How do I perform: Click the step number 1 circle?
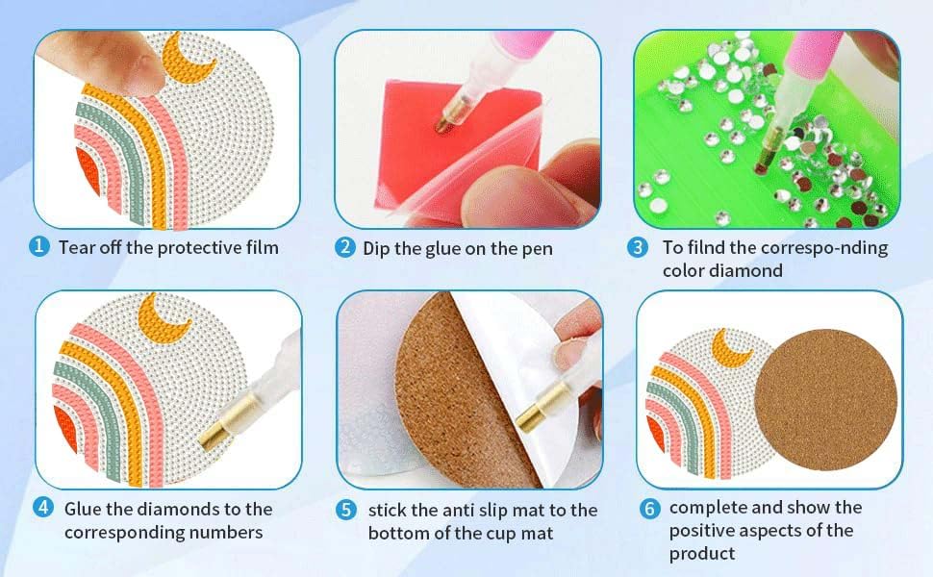tap(39, 247)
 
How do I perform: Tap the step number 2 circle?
tap(345, 248)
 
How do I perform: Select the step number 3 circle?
tap(638, 248)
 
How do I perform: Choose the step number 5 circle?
tap(347, 510)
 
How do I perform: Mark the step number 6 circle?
tap(649, 508)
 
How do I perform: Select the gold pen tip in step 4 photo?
tap(219, 427)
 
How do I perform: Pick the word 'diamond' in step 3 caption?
tap(746, 271)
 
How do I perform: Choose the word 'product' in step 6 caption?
tap(702, 553)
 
